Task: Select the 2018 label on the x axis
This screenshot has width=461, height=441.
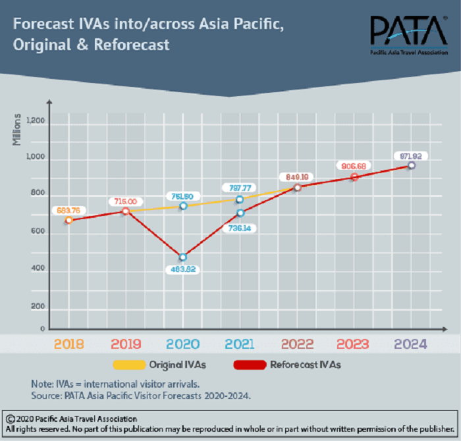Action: click(x=68, y=344)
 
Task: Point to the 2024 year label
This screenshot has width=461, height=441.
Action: click(x=410, y=344)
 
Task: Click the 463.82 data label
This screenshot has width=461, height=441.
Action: click(x=183, y=269)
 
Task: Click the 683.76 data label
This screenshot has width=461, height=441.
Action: click(x=69, y=211)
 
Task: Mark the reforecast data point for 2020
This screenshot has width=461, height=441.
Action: click(x=182, y=257)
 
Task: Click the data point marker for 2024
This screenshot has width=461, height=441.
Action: click(x=411, y=165)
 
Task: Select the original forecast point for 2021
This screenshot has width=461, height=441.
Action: click(x=240, y=199)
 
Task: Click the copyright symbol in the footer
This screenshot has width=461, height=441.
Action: click(x=10, y=419)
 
